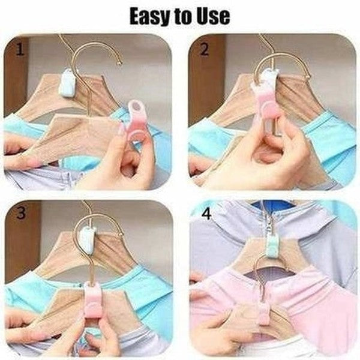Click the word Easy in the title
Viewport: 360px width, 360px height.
149,17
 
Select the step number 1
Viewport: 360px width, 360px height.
20,49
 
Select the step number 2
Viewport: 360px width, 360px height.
205,49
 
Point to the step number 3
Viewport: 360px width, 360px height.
20,212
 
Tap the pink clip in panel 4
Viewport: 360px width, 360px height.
263,314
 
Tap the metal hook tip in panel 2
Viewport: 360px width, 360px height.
308,76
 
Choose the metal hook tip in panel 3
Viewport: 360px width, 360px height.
119,235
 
